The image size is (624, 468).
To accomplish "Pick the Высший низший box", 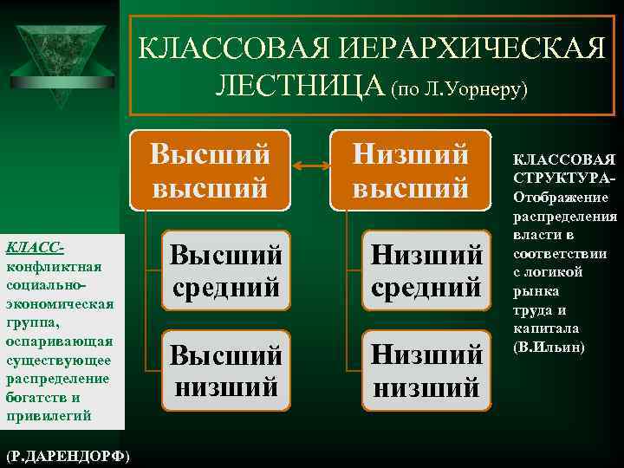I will (x=225, y=370).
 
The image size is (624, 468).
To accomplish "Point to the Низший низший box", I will (x=426, y=370).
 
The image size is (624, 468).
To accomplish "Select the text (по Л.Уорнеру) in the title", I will (x=458, y=88).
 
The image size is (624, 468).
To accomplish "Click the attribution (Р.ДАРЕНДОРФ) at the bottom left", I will (x=68, y=455).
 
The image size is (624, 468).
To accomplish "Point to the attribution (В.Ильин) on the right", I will (x=549, y=348).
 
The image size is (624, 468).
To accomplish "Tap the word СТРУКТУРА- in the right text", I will (x=563, y=178).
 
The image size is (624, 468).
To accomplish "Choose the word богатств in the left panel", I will (x=35, y=398).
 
